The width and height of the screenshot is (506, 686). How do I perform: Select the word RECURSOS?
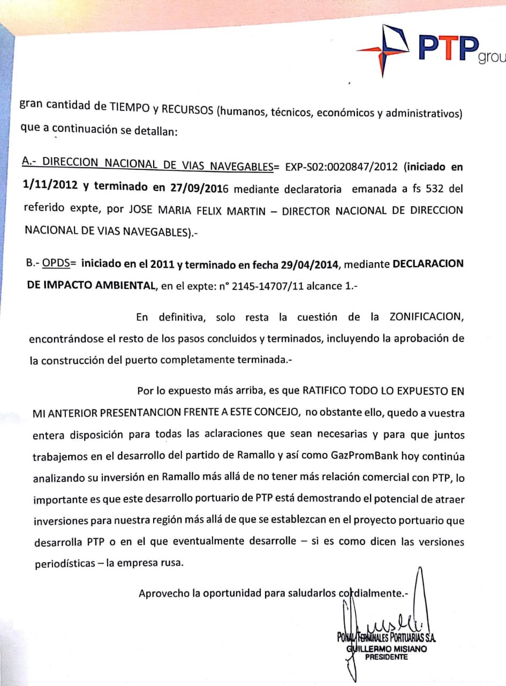(x=186, y=109)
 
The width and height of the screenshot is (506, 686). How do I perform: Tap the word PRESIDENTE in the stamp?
(x=386, y=657)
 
